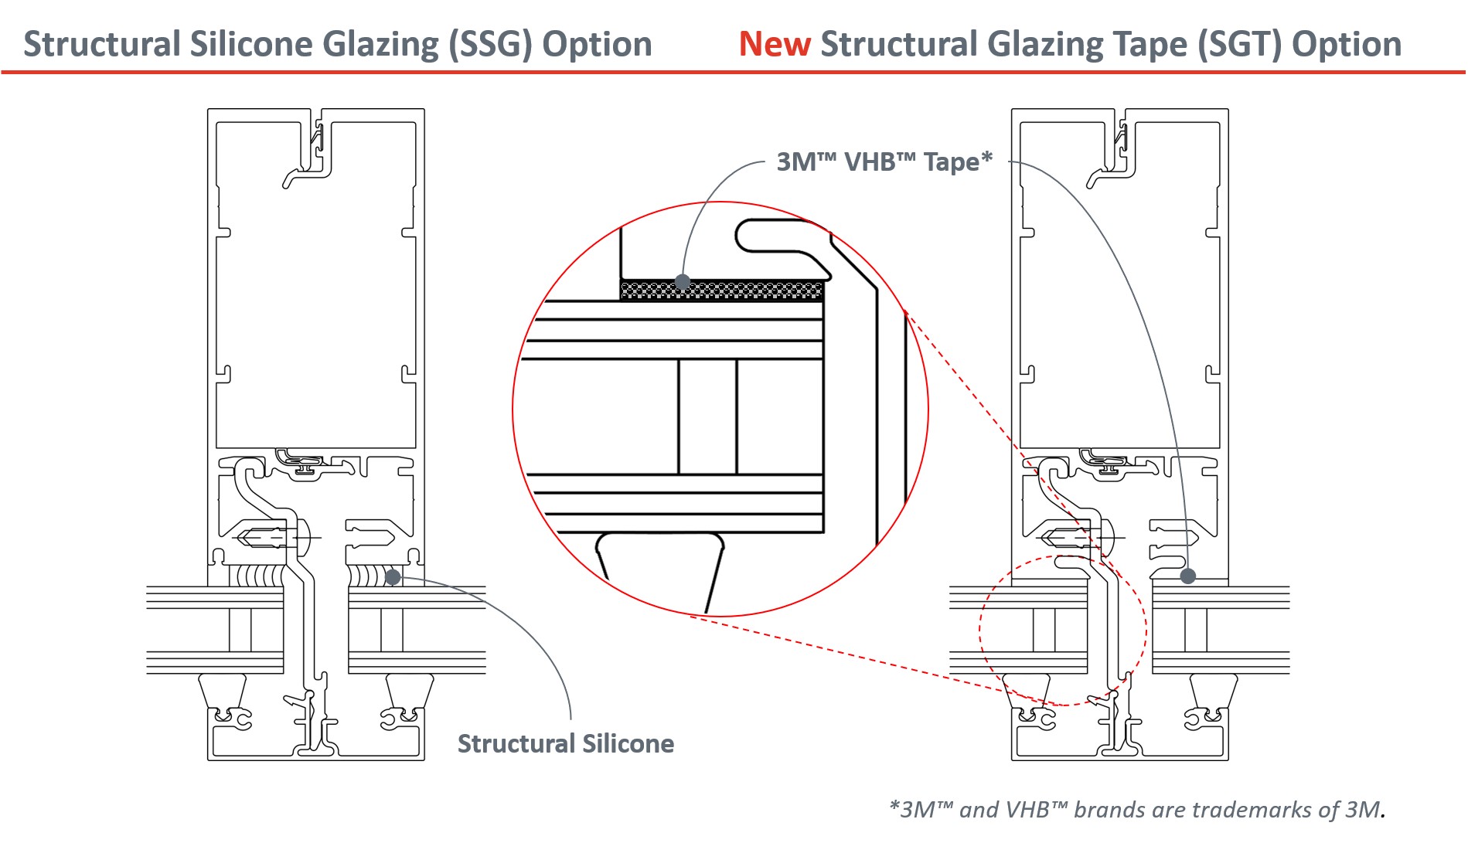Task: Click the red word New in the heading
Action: click(x=775, y=44)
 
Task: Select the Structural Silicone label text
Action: click(x=566, y=743)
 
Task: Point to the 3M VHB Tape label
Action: click(x=884, y=161)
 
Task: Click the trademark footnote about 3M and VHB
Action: click(x=1137, y=809)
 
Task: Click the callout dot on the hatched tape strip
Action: click(x=682, y=281)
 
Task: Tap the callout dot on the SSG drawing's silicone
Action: click(x=393, y=576)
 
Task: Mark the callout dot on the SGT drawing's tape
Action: click(x=1188, y=576)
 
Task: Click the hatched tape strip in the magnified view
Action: click(x=722, y=291)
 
